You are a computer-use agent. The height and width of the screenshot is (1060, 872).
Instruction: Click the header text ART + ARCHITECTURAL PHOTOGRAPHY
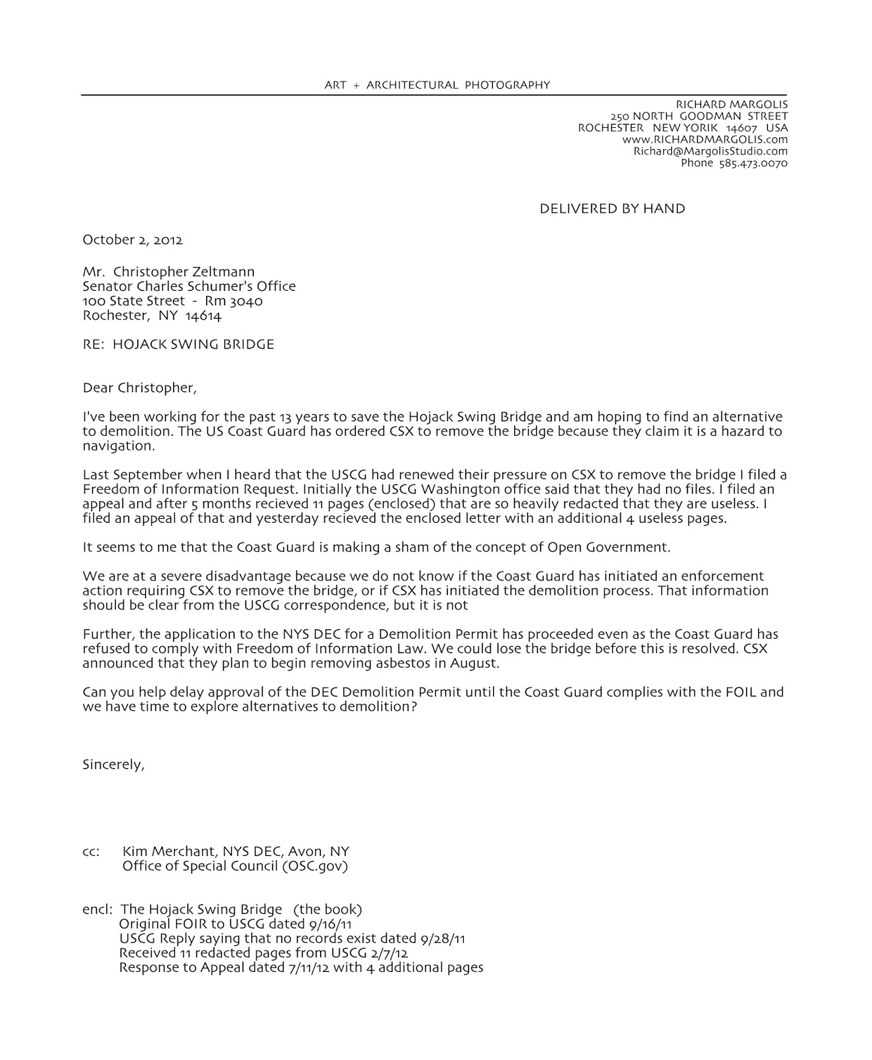pyautogui.click(x=437, y=85)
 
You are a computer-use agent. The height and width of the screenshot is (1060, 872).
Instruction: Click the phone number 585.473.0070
pyautogui.click(x=753, y=163)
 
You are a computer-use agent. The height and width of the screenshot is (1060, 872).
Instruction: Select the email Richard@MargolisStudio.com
pyautogui.click(x=710, y=151)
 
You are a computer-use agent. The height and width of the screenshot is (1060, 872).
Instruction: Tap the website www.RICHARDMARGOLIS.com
pyautogui.click(x=705, y=140)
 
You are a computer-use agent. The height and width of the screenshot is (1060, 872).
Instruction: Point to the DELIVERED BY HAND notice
pyautogui.click(x=612, y=209)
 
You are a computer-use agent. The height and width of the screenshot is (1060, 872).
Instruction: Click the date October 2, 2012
pyautogui.click(x=133, y=240)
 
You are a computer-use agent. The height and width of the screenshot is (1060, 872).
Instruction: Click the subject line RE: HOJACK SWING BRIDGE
pyautogui.click(x=178, y=344)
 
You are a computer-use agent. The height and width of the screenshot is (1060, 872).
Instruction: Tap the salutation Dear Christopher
pyautogui.click(x=139, y=388)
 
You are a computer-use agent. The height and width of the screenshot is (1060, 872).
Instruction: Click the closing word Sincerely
pyautogui.click(x=113, y=765)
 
